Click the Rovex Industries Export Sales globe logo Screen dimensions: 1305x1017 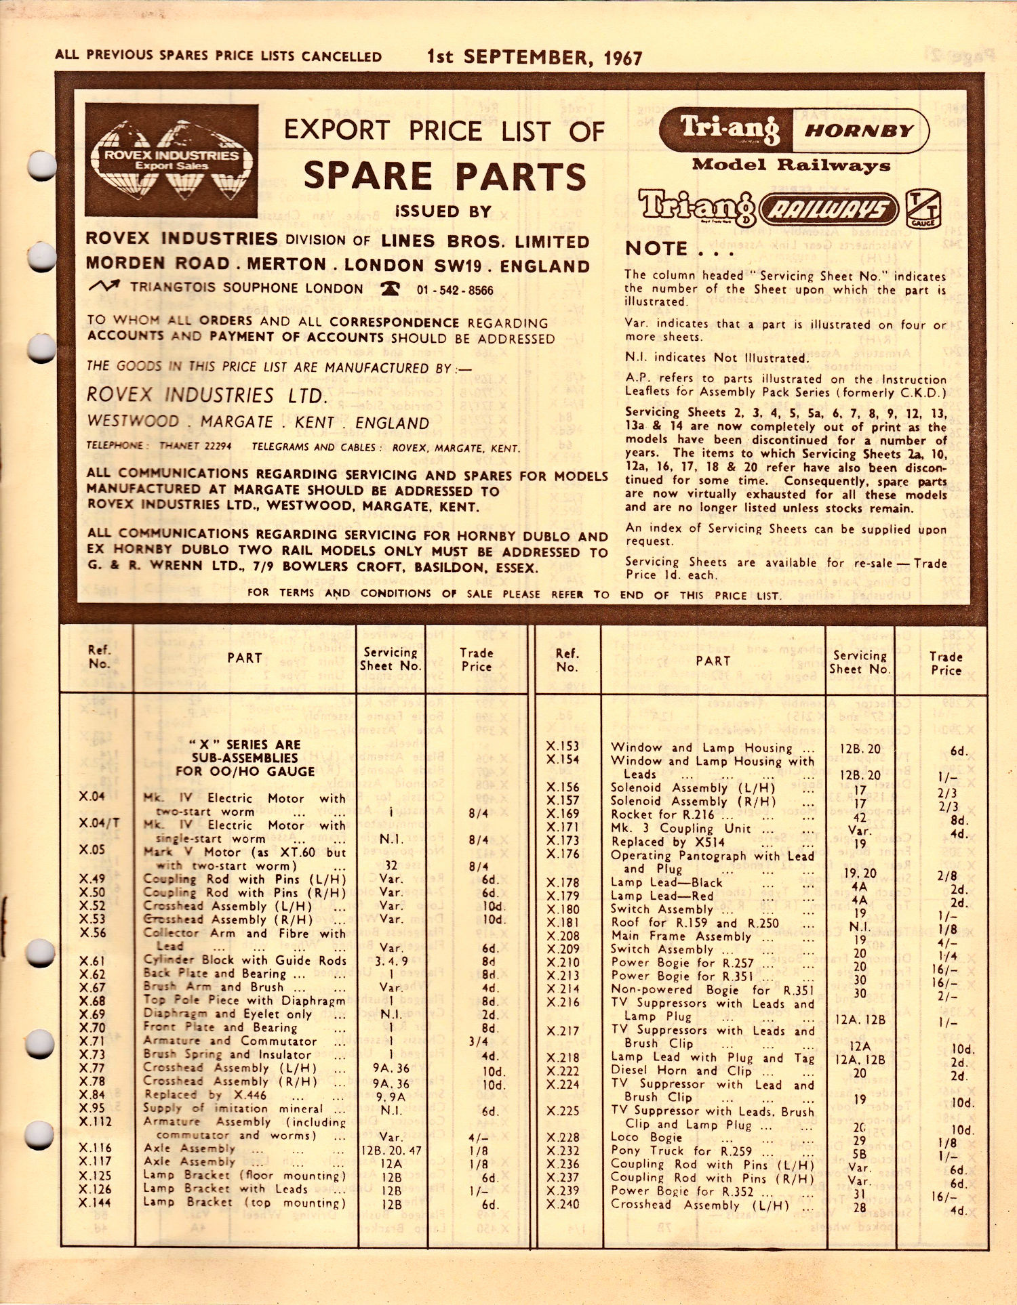pyautogui.click(x=172, y=160)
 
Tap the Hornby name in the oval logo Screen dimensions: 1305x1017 pyautogui.click(x=859, y=130)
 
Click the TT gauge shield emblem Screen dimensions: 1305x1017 pyautogui.click(x=923, y=209)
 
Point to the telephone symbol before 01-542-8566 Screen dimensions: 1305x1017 pyautogui.click(x=390, y=289)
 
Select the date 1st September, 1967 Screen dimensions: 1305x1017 pyautogui.click(x=534, y=57)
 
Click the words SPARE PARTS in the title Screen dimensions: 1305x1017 pyautogui.click(x=445, y=176)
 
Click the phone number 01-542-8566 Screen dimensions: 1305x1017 pyautogui.click(x=455, y=290)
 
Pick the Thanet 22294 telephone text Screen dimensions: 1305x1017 pyautogui.click(x=195, y=446)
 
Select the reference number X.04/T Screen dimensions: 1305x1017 pyautogui.click(x=99, y=823)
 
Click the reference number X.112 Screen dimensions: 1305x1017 pyautogui.click(x=95, y=1121)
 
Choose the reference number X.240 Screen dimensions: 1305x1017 pyautogui.click(x=563, y=1204)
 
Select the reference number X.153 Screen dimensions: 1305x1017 pyautogui.click(x=563, y=746)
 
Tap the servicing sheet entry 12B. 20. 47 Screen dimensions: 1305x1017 pyautogui.click(x=391, y=1150)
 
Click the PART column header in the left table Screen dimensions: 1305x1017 pyautogui.click(x=244, y=657)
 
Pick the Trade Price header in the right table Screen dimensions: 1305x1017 pyautogui.click(x=945, y=663)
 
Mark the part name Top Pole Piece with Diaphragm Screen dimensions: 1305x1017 pyautogui.click(x=244, y=1000)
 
